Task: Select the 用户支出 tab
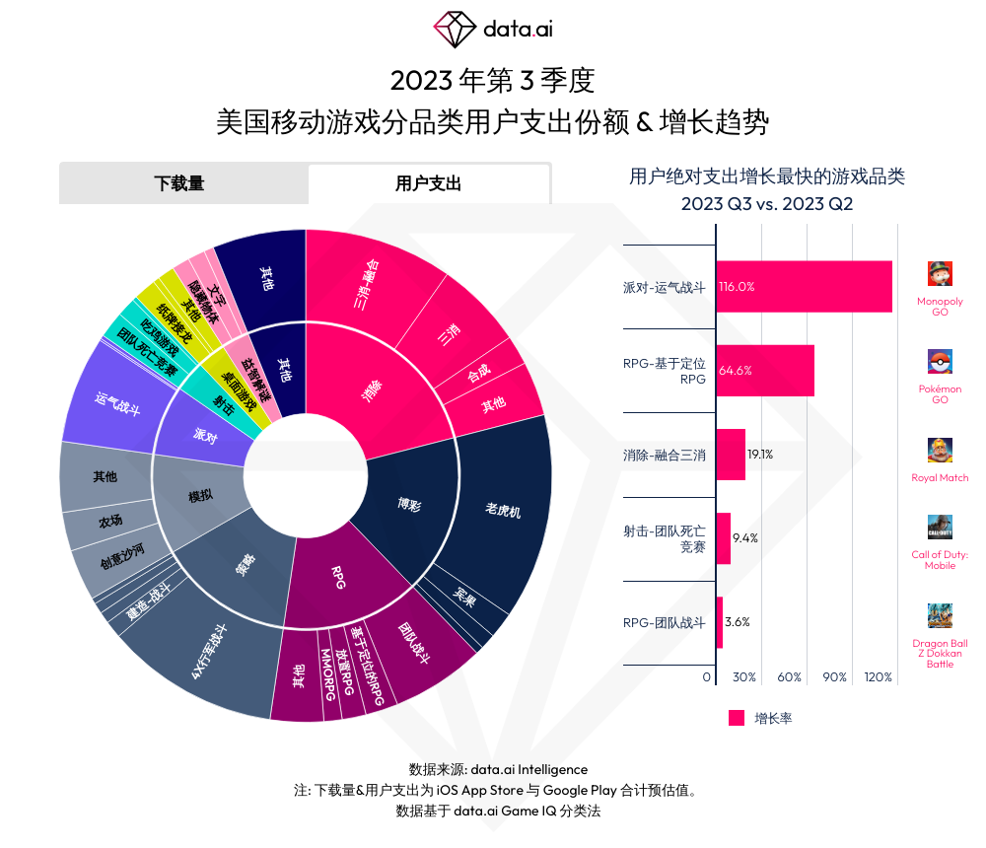(428, 183)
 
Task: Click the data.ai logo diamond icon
(455, 29)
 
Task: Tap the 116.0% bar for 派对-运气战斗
(804, 287)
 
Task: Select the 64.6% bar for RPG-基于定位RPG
(765, 371)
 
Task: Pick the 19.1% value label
(760, 455)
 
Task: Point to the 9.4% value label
(745, 538)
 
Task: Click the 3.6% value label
(738, 622)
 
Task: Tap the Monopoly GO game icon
(940, 273)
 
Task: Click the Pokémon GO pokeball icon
(940, 361)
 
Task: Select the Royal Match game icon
(940, 450)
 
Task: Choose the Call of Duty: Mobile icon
(940, 527)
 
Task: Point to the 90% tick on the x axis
(835, 677)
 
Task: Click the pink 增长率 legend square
(737, 718)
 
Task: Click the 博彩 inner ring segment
(408, 503)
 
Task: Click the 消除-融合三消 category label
(665, 456)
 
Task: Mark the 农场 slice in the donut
(110, 521)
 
